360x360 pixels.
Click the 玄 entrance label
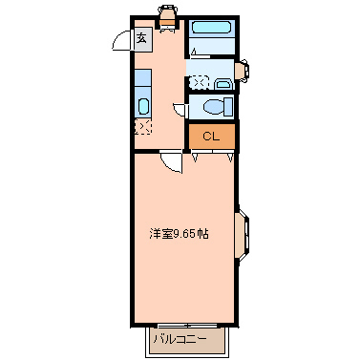click(141, 38)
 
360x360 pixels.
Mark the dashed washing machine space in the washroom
click(201, 80)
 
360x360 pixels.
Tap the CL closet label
click(211, 136)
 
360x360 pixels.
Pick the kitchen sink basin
click(142, 106)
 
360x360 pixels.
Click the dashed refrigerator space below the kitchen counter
click(142, 126)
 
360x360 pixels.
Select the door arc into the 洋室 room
click(172, 161)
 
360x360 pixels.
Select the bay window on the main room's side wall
click(244, 234)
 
